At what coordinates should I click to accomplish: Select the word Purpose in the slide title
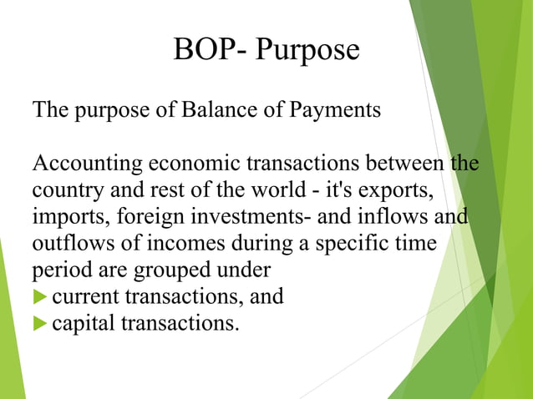(x=307, y=52)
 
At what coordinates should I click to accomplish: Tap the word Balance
(x=215, y=109)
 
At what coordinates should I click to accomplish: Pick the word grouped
(x=187, y=272)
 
